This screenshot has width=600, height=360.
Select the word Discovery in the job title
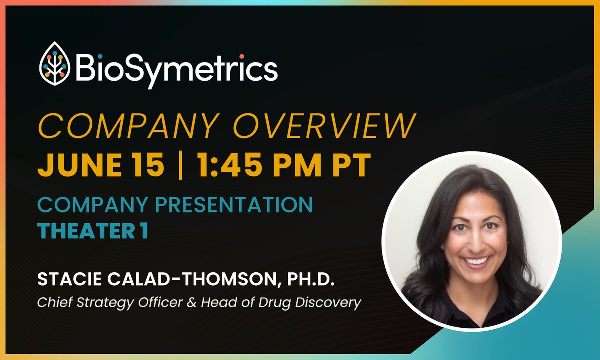click(332, 303)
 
